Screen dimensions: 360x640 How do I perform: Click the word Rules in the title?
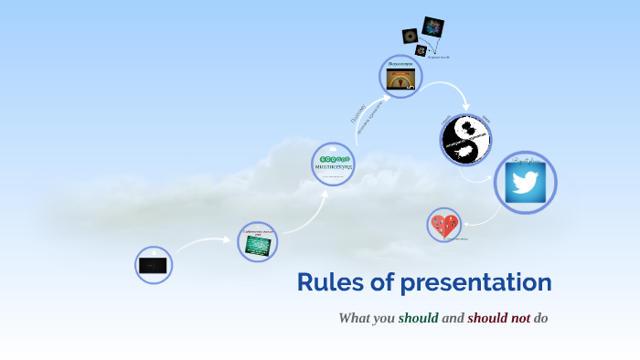point(327,282)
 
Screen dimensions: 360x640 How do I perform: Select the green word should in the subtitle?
point(418,318)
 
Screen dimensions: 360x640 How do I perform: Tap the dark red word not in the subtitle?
point(515,318)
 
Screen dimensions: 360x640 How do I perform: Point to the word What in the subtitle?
point(355,318)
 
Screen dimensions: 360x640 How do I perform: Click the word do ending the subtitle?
point(540,318)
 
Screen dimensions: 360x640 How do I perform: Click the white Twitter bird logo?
point(525,183)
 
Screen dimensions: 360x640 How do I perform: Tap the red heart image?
point(444,225)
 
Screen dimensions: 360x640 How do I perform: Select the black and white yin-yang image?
point(465,140)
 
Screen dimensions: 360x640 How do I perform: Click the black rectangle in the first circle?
point(153,265)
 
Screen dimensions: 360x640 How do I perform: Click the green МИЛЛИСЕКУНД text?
point(333,168)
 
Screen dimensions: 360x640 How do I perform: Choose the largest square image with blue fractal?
point(433,27)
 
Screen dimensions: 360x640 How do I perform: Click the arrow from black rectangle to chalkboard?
point(203,242)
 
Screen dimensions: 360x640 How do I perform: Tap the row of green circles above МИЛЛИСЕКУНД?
point(333,159)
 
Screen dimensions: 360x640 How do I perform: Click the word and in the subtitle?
point(453,318)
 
